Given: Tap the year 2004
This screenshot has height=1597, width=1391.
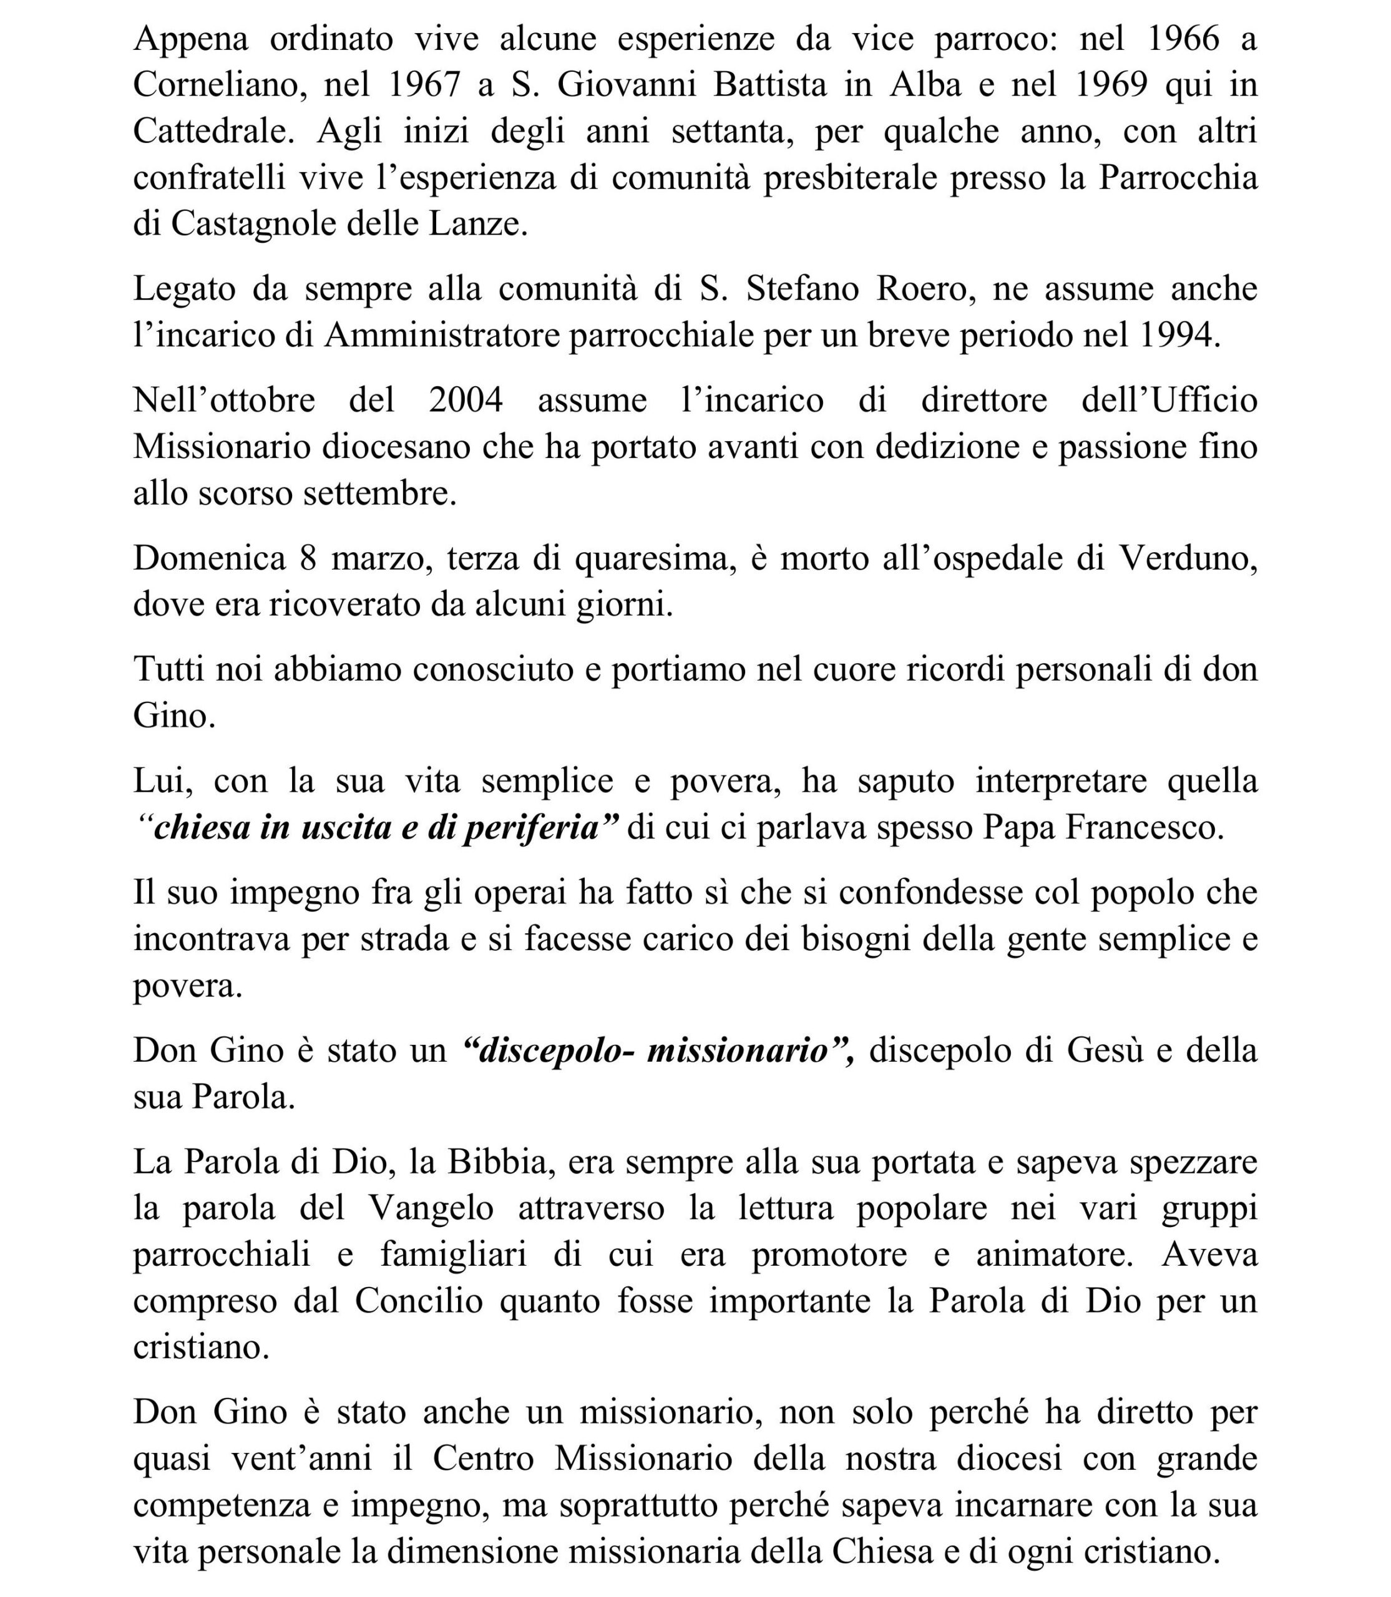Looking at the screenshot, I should (x=466, y=400).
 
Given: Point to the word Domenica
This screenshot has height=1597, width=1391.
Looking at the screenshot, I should (x=210, y=559).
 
